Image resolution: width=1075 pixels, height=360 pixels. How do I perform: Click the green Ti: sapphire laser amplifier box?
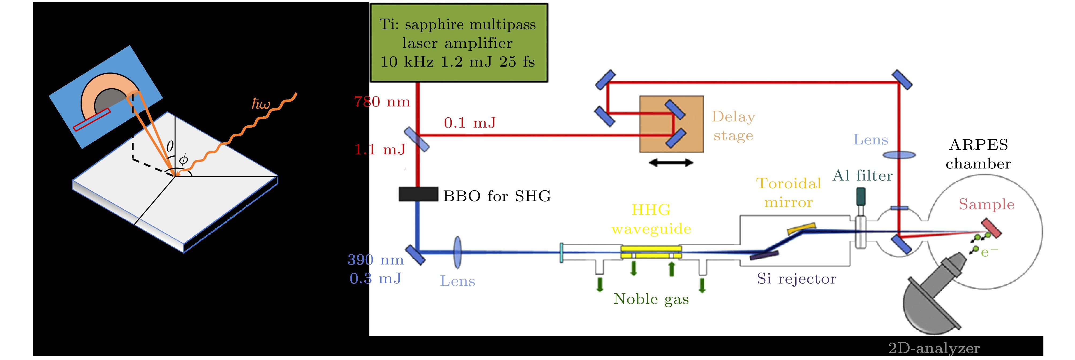459,43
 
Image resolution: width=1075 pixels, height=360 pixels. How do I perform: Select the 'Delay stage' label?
733,126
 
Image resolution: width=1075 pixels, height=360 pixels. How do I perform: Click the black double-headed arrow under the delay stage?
671,163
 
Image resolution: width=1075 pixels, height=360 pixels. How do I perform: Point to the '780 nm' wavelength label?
382,102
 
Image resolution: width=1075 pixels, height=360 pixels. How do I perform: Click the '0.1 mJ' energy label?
470,123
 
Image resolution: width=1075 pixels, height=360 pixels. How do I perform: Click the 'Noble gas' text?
651,299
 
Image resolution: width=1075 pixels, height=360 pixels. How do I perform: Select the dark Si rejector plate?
764,255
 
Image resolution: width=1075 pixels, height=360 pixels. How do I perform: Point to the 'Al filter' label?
862,176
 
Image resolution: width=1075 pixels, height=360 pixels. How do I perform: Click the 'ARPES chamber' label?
978,154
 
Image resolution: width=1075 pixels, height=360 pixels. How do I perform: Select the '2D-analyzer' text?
933,348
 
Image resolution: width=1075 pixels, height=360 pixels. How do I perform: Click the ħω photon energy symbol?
261,104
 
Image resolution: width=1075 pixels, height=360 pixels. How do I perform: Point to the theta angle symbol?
170,146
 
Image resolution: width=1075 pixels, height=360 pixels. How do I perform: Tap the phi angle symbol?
183,160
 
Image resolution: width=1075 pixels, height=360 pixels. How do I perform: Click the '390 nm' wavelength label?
376,260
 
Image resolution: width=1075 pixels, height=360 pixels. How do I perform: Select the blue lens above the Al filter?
899,155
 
